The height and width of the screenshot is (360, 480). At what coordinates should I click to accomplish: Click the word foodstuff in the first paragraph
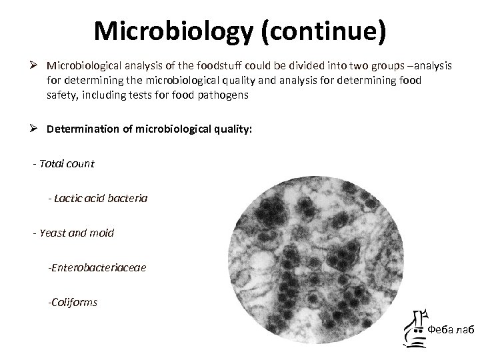click(x=214, y=66)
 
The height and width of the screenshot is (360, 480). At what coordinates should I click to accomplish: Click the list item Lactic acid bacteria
click(x=98, y=198)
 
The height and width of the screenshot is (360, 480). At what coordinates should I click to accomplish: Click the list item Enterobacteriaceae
click(x=97, y=267)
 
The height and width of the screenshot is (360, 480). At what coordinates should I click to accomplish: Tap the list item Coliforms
click(x=73, y=302)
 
